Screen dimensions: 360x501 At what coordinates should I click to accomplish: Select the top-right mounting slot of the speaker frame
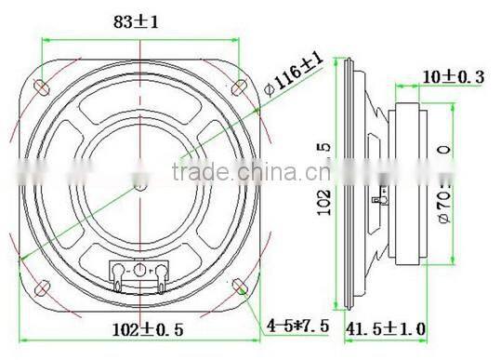(x=238, y=87)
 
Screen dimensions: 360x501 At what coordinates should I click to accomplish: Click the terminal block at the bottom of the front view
(x=138, y=272)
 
